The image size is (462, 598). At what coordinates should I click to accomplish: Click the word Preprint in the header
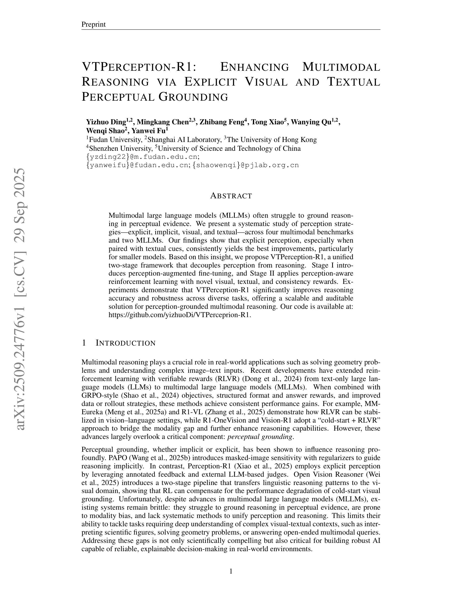(93, 24)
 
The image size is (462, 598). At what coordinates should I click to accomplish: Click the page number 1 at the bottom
(231, 571)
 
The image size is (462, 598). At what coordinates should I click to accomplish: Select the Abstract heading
(231, 196)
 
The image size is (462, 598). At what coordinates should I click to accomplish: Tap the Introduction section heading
(125, 343)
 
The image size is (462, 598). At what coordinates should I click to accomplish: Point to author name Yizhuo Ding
(106, 122)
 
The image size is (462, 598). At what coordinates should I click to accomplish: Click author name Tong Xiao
(267, 122)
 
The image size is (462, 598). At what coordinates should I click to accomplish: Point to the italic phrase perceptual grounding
(260, 436)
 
